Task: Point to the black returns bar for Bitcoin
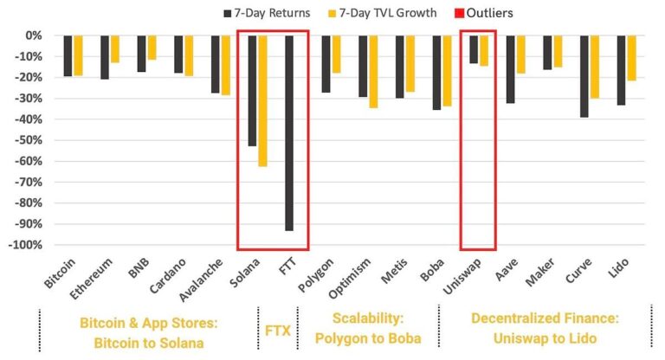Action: tap(68, 55)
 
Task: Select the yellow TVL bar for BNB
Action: tap(152, 48)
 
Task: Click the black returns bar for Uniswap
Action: tap(474, 49)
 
